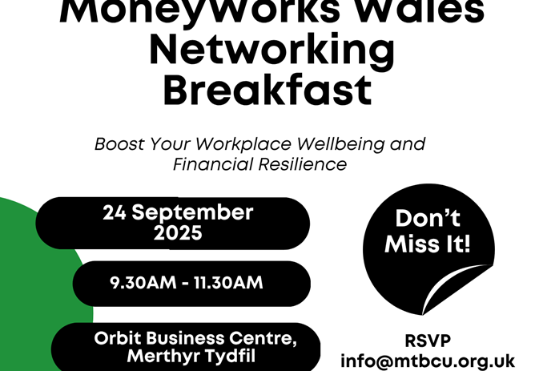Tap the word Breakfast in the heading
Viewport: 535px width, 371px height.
(268, 91)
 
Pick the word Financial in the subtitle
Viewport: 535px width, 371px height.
(210, 164)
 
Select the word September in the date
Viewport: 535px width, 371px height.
(199, 213)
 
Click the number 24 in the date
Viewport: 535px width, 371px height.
(116, 213)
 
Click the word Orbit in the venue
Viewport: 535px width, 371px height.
(118, 337)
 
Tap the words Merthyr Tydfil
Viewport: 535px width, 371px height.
(191, 356)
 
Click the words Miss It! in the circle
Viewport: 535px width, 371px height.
(427, 244)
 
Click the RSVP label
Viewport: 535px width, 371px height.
(427, 339)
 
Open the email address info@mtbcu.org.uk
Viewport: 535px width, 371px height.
(427, 361)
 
